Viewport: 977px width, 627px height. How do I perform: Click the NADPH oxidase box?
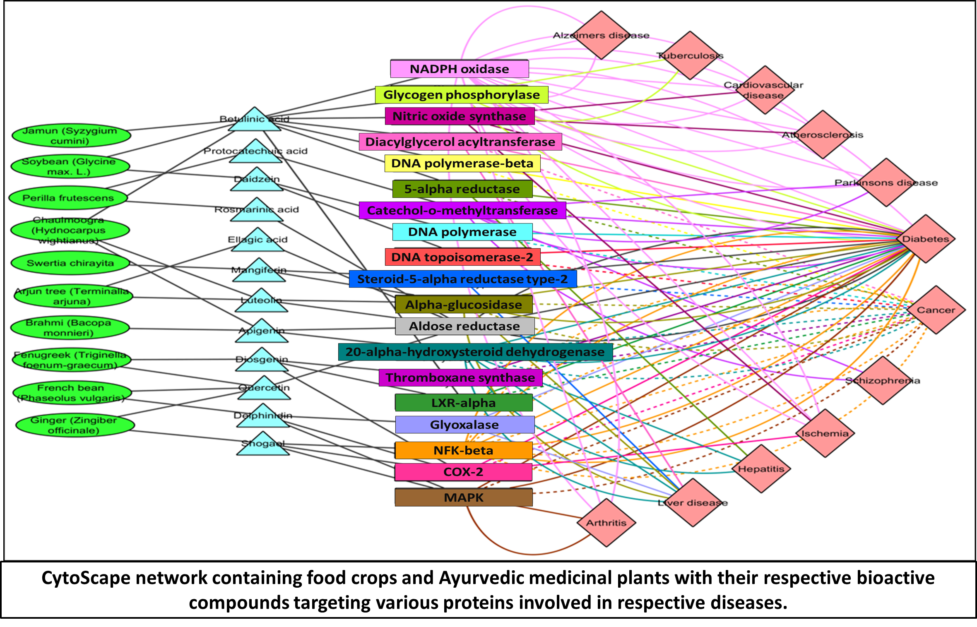point(459,69)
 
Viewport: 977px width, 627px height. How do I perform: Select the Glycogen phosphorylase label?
point(461,95)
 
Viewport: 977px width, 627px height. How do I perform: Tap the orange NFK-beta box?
point(463,450)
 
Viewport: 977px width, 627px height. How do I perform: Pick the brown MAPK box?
point(463,497)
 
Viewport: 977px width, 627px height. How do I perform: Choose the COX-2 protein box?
point(463,472)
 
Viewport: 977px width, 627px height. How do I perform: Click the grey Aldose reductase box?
point(464,326)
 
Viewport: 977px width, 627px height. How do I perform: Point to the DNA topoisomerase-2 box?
point(462,257)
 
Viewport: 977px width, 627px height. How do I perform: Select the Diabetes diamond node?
point(926,239)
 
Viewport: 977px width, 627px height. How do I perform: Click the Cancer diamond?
point(936,310)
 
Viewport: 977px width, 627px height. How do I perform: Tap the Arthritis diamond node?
point(606,522)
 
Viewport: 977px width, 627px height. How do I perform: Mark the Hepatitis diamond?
point(761,468)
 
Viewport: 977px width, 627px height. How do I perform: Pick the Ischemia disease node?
point(825,433)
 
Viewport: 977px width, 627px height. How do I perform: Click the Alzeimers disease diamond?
point(601,35)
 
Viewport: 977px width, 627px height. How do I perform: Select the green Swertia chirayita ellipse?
point(70,263)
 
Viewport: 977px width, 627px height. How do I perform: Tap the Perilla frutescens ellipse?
point(68,198)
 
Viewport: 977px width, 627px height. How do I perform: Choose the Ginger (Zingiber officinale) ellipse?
point(75,425)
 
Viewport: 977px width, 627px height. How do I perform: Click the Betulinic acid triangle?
point(255,120)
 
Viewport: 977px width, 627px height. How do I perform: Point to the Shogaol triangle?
point(263,444)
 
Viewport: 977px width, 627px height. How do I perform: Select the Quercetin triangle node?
point(264,389)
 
